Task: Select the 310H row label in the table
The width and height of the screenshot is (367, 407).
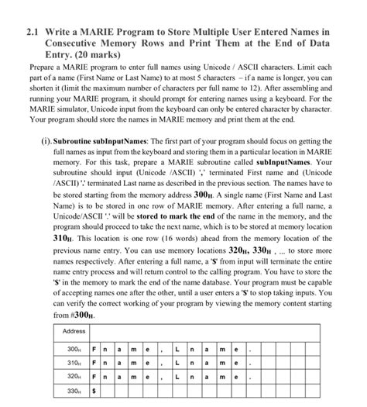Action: coord(74,364)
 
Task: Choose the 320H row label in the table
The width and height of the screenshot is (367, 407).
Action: coord(74,378)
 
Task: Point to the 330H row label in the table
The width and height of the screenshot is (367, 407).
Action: coord(74,393)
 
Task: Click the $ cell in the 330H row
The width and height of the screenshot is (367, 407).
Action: coord(94,393)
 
